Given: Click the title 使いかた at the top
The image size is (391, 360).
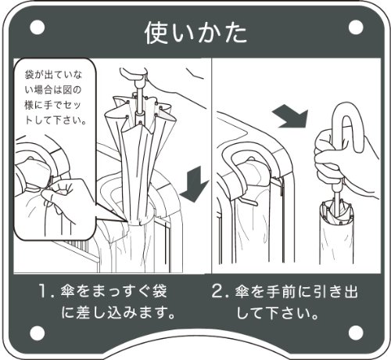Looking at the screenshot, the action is pos(195,33).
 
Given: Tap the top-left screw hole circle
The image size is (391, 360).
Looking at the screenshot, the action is pos(38,27).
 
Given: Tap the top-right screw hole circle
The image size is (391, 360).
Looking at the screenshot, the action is pos(356,27).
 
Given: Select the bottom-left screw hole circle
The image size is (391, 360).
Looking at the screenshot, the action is pos(38,333).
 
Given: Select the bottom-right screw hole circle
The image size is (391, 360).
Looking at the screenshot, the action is pos(356,333).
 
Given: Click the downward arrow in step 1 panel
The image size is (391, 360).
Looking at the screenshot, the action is pos(194,184).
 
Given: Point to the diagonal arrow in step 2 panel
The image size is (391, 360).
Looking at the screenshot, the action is pos(292,118).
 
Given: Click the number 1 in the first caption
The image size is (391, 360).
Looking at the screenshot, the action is pos(43,291).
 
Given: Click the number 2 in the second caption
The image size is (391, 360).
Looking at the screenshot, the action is pos(217,291).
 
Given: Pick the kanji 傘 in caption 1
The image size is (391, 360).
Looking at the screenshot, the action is pos(68,291).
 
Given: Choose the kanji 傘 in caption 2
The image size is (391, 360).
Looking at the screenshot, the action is pos(242,291).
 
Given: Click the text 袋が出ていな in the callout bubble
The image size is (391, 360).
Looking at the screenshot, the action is pos(53,75).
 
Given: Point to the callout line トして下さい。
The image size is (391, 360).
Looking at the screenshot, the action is pos(56,120).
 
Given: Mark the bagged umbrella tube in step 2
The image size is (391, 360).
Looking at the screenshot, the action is pos(336,232).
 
